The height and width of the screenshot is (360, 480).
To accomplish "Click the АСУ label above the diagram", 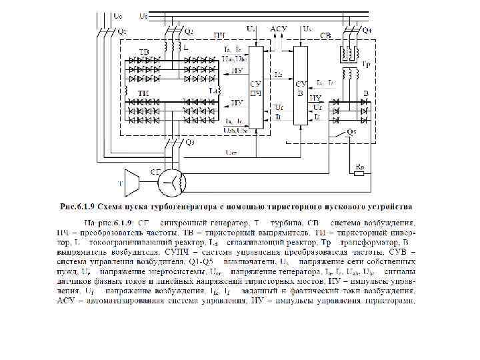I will (279, 29).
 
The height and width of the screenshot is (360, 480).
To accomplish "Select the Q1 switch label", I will (122, 32).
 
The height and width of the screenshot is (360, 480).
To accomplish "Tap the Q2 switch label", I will (188, 31).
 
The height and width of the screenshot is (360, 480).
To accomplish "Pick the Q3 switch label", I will (189, 141).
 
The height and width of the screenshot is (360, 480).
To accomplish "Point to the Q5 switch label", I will (350, 132).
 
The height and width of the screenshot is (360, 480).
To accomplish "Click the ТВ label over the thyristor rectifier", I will (144, 52).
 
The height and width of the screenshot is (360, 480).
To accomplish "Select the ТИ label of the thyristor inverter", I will (143, 93).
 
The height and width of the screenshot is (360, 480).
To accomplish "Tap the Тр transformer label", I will (367, 65).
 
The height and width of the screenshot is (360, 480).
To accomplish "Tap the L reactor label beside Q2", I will (187, 49).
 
